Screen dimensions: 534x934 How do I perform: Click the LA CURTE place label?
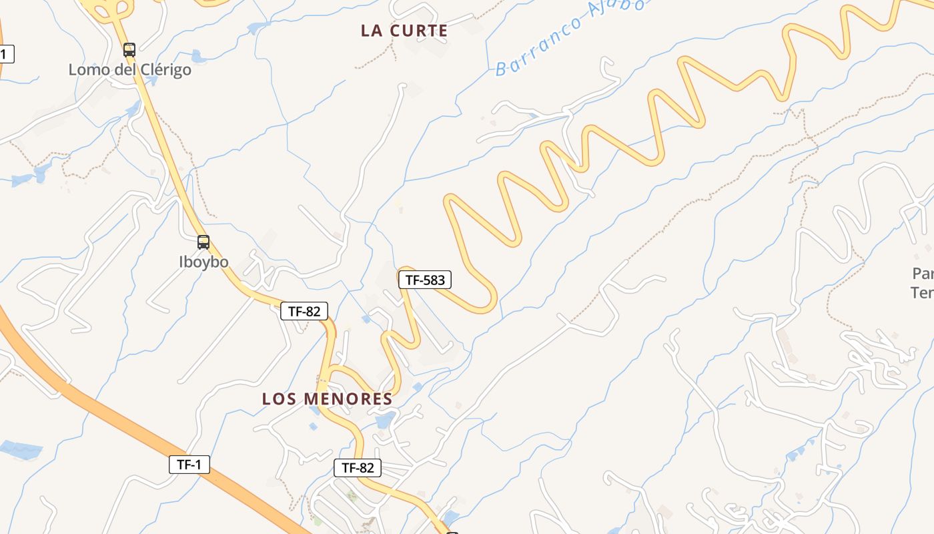point(404,31)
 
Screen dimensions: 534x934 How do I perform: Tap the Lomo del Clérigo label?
point(130,69)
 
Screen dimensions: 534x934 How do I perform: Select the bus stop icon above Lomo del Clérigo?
point(129,49)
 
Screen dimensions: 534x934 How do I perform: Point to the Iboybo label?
point(203,262)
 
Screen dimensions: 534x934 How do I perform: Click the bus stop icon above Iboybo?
point(203,242)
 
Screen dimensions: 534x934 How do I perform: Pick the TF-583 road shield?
point(425,280)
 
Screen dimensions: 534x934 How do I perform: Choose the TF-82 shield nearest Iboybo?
point(304,310)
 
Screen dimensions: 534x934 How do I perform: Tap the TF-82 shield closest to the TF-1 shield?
point(358,468)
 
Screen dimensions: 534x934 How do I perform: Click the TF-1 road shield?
point(189,465)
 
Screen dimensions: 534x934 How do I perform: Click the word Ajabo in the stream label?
point(616,12)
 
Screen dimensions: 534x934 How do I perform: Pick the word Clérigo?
point(165,69)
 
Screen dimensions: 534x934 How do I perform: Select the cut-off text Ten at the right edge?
point(922,292)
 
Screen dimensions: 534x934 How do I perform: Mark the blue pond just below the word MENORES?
point(385,421)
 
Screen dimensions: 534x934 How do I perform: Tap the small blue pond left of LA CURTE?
point(255,28)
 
